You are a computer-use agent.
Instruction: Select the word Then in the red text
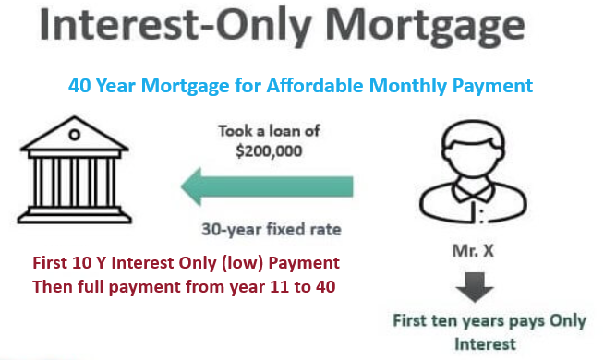(52, 285)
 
